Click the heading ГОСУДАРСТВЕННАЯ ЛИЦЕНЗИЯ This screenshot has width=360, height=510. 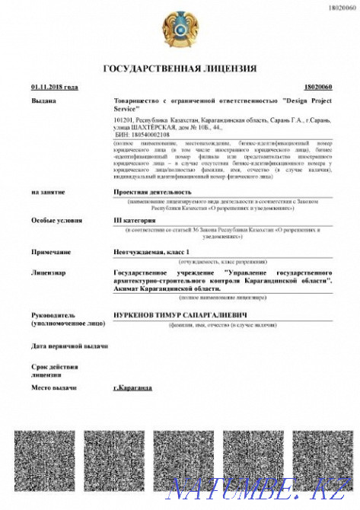[180, 69]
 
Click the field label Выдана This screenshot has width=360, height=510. [43, 100]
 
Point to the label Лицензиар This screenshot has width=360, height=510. [47, 271]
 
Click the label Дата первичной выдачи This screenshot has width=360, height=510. [69, 346]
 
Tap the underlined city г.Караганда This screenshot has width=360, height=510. [132, 387]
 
